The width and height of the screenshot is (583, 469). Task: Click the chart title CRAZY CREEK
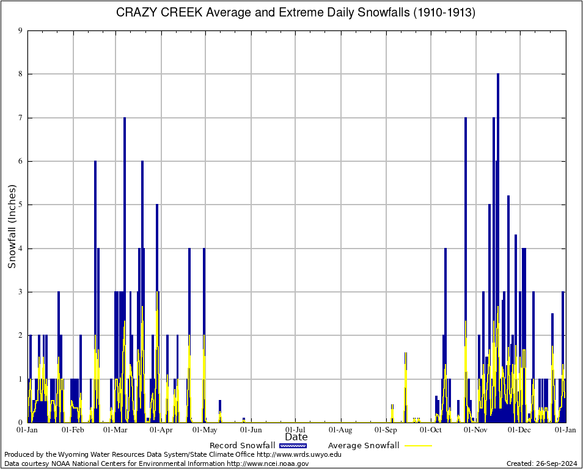pos(296,13)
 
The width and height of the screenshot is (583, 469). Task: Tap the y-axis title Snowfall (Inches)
pos(12,226)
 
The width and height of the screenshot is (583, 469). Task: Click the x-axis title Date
pos(296,437)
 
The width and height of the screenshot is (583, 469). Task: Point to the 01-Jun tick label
pos(251,430)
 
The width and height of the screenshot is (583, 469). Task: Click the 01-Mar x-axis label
pos(115,430)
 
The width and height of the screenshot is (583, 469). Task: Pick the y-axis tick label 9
pos(20,31)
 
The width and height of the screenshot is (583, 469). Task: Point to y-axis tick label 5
pos(20,205)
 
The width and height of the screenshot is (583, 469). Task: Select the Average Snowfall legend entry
pos(364,445)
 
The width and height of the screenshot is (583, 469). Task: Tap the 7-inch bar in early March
pos(125,269)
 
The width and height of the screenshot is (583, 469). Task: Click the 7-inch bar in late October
pos(466,269)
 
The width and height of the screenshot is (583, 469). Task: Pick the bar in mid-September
pos(405,388)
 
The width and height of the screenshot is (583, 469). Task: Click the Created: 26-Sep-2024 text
pos(541,464)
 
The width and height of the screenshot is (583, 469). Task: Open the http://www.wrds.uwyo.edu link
pos(299,454)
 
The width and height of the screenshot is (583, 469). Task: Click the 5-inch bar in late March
pos(157,311)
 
